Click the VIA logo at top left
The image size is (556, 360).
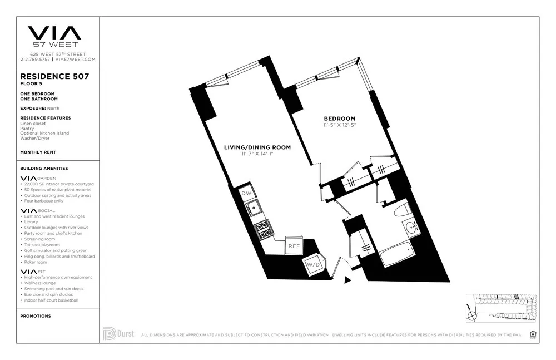tap(54, 33)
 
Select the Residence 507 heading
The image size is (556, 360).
tap(54, 76)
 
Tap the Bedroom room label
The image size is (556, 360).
tap(340, 118)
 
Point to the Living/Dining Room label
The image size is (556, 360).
tap(257, 147)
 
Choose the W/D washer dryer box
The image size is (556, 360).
tap(313, 265)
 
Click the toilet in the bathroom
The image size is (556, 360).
tap(401, 210)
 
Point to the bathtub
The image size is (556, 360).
tap(400, 255)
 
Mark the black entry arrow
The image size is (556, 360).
tap(348, 280)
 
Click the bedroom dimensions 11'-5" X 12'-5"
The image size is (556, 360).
tap(339, 125)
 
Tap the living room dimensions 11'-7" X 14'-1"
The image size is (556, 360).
tap(257, 154)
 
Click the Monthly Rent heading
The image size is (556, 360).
tap(38, 152)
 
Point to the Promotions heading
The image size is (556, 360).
tap(35, 316)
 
